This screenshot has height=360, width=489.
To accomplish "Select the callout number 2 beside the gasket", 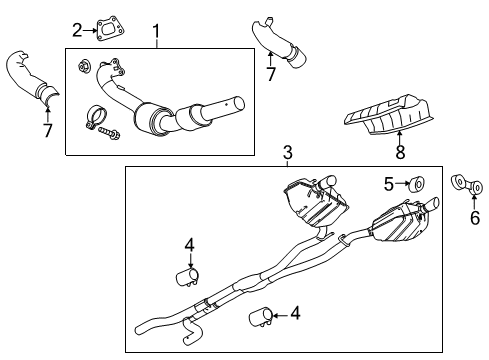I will pyautogui.click(x=77, y=29).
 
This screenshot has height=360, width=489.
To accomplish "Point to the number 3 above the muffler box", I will pyautogui.click(x=287, y=153).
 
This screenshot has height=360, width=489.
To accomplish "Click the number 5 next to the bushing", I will pyautogui.click(x=389, y=183).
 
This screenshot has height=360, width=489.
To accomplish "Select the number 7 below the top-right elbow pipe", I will pyautogui.click(x=270, y=74).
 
